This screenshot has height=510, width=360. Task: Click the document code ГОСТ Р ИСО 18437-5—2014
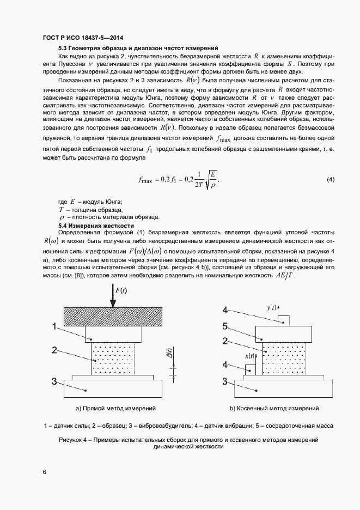82,38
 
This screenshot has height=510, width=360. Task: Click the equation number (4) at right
330,179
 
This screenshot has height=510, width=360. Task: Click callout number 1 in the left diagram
55,327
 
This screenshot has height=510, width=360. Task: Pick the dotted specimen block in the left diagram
113,358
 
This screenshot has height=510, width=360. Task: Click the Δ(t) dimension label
170,354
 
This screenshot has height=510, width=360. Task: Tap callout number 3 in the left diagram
55,381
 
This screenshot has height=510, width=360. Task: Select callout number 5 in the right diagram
224,327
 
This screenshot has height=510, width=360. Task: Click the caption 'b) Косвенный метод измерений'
274,408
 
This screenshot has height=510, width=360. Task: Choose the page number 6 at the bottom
44,472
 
